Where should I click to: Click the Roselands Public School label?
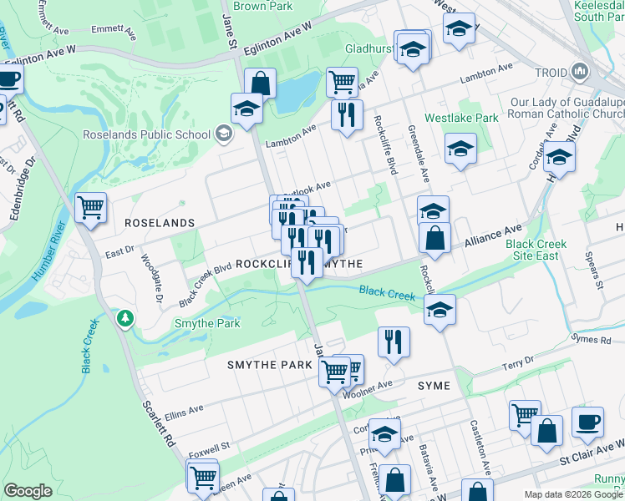158,134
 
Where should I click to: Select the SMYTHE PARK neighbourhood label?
269,365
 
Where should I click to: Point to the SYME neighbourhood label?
434,386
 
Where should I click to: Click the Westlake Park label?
461,119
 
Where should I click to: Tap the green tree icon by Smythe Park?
124,318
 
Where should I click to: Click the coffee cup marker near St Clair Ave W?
587,422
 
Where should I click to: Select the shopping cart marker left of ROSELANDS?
90,206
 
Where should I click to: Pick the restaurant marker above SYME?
393,341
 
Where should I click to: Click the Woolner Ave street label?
368,387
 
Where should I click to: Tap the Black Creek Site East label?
536,250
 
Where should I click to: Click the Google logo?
28,491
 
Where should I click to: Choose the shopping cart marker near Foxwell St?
202,476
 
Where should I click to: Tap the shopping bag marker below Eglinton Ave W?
260,83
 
